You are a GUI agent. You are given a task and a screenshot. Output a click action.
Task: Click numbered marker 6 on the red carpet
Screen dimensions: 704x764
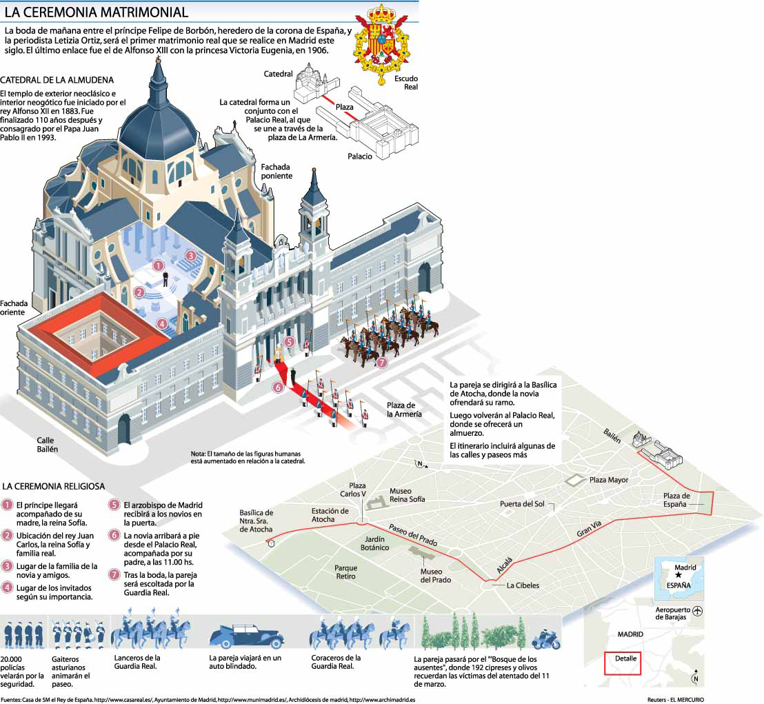279,388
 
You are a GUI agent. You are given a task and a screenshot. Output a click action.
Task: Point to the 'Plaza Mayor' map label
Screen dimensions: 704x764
607,480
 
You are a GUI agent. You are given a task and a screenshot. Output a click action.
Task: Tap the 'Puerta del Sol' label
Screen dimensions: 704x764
522,504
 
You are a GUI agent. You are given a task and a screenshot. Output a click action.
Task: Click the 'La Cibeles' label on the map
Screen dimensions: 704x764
523,585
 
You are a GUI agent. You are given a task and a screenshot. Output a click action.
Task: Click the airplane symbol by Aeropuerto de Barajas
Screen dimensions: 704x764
698,612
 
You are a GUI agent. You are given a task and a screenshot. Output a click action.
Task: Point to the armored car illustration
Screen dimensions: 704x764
245,636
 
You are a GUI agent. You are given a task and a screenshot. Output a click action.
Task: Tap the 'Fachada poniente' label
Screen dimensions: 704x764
276,171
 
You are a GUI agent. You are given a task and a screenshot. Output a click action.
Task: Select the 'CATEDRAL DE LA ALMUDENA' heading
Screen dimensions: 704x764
57,80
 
